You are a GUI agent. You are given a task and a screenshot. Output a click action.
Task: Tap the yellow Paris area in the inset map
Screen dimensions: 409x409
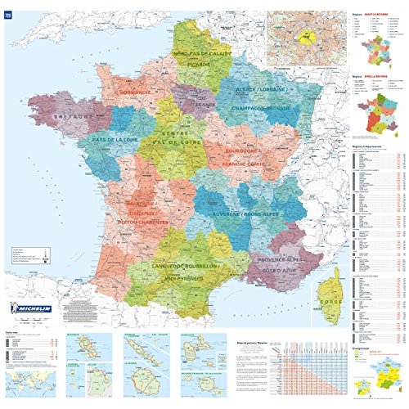306,36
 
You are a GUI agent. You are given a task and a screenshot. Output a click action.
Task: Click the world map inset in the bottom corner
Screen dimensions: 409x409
30,378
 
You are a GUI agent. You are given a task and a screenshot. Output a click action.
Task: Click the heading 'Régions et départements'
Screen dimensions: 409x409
363,144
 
